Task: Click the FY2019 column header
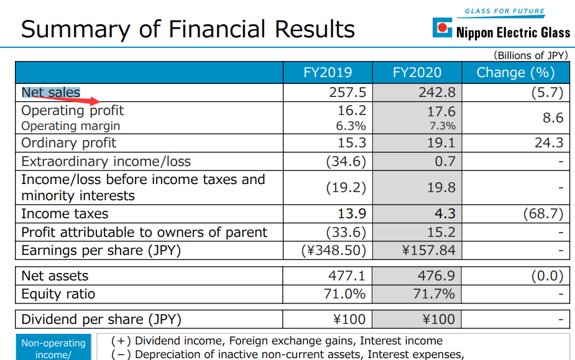328,73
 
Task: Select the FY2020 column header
417,73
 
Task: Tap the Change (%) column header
515,73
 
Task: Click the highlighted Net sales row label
51,93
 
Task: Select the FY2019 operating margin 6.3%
351,126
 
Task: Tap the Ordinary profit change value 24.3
548,142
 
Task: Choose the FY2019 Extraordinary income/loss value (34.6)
346,162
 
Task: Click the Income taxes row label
65,214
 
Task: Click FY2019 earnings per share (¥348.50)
333,251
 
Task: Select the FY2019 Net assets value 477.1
347,275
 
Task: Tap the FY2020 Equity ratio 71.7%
434,293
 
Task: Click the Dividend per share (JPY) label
101,320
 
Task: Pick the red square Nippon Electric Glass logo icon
442,27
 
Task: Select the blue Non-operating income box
53,348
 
